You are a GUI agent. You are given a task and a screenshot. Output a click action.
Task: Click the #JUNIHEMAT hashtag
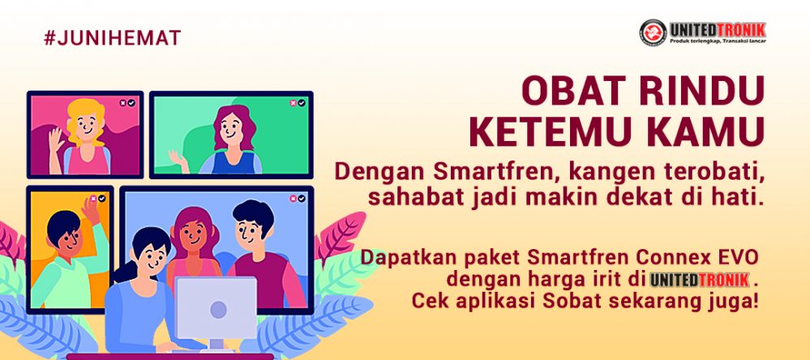point(112,38)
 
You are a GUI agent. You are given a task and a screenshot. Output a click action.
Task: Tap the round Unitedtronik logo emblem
point(653,32)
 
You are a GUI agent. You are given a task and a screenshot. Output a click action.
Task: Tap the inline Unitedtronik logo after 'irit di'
point(699,280)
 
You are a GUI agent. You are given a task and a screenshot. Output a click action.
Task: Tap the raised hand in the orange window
point(91,210)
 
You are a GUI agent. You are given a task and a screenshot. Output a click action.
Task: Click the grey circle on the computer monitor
point(219,310)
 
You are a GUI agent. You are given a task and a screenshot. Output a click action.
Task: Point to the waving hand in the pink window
point(56,139)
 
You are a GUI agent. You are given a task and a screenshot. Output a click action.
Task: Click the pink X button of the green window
point(293,103)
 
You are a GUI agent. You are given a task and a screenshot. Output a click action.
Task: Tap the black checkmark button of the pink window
point(131,103)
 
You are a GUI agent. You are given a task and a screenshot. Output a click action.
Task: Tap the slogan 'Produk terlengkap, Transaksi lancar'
point(718,41)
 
